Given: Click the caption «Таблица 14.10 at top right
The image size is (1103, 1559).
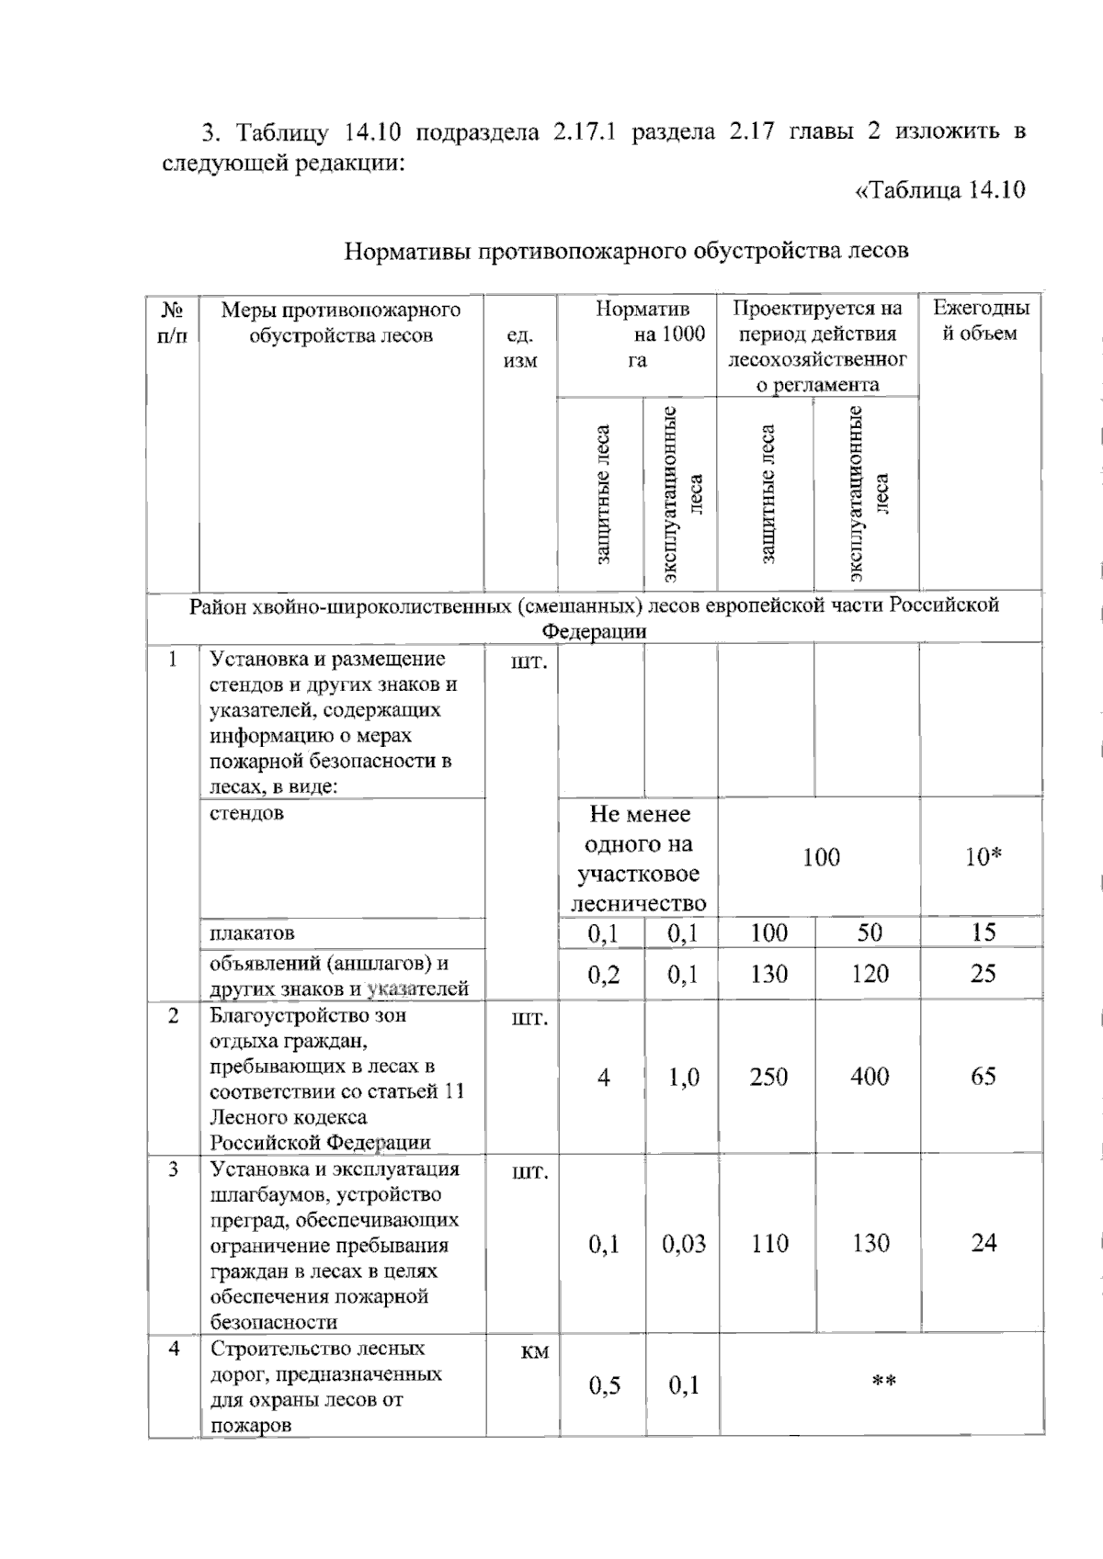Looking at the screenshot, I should pos(939,190).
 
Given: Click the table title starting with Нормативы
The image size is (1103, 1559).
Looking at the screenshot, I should pos(626,250).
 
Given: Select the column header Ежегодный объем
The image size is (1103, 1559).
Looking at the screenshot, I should pos(981,321).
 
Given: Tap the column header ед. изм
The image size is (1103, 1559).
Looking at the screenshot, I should pos(520,348).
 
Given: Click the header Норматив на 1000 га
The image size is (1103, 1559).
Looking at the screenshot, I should pos(638,333).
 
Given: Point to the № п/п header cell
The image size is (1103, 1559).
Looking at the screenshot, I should pos(173,322).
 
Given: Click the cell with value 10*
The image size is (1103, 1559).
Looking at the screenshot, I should pos(983,857).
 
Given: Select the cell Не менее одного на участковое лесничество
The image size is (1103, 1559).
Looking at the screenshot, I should pos(638,858).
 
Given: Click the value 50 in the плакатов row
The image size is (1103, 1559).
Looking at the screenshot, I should pos(869,932).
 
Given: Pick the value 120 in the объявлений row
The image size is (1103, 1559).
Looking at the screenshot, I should pos(869,974).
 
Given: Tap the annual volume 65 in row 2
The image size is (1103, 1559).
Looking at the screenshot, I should pos(983,1076).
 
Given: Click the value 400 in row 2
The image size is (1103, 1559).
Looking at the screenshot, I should pos(869,1076).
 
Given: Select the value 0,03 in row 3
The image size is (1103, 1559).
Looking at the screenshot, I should pos(683,1244).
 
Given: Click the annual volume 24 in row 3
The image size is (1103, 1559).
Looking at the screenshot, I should pos(983,1243).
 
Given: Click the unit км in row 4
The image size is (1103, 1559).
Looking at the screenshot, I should pos(534,1351).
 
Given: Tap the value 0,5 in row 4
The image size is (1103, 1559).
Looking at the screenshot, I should pos(604,1385).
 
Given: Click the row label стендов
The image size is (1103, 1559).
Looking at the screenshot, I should pos(246,813).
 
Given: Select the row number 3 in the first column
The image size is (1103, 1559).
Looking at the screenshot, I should pos(173,1169).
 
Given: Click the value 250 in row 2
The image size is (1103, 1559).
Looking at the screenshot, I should pos(768,1076).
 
